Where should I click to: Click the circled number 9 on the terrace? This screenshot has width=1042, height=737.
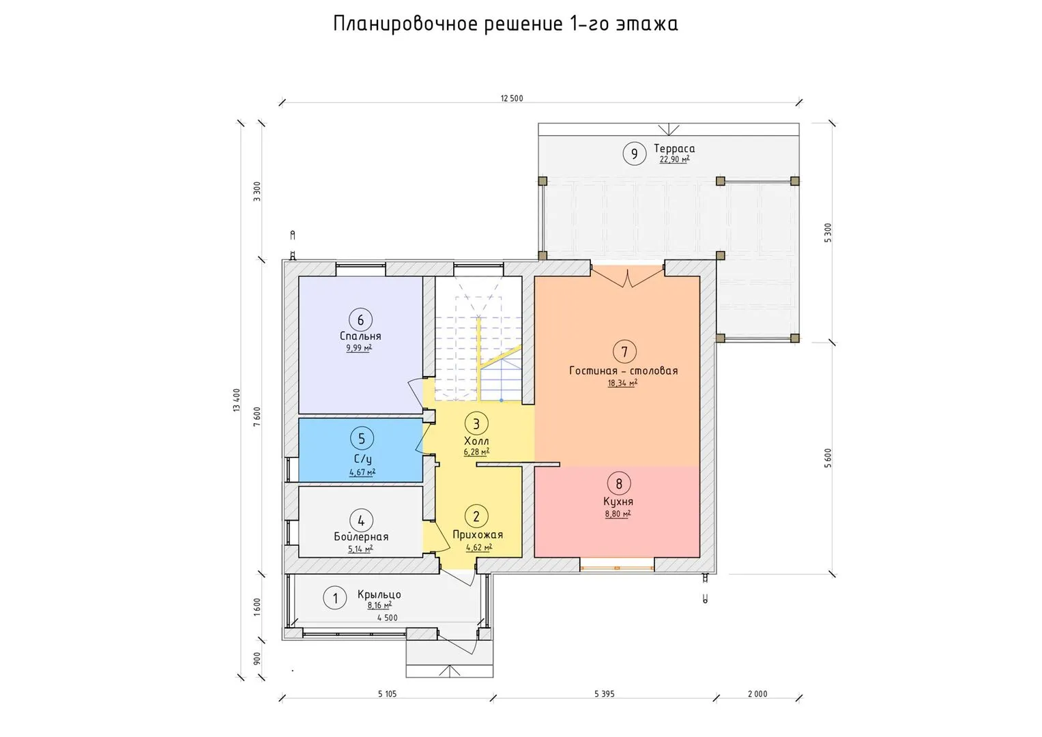(635, 154)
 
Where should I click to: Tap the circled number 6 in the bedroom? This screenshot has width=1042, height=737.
(360, 320)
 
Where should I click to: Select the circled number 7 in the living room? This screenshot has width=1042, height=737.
(625, 351)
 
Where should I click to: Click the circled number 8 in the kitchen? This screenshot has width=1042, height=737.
(619, 484)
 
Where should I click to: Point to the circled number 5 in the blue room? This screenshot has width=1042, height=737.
(362, 438)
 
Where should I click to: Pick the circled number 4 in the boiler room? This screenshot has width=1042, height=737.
(361, 520)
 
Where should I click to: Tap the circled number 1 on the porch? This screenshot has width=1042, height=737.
(335, 598)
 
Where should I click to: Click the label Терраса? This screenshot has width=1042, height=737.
(674, 149)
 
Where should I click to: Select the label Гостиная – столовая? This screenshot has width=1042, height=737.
(623, 371)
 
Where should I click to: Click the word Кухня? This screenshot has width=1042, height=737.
(618, 502)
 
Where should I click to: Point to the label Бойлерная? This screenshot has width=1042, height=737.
(361, 536)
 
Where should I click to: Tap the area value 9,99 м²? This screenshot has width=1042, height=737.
(359, 348)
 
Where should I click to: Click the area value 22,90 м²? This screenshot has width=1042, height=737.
(674, 160)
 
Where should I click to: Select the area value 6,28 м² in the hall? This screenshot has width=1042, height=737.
(476, 452)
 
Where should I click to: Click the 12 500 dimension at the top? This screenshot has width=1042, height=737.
(512, 98)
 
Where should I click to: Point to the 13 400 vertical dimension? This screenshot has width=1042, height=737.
(237, 400)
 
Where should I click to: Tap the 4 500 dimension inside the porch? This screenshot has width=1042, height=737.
(388, 618)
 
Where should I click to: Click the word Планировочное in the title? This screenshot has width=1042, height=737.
(405, 24)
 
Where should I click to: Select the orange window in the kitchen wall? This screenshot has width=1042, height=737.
(618, 568)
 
